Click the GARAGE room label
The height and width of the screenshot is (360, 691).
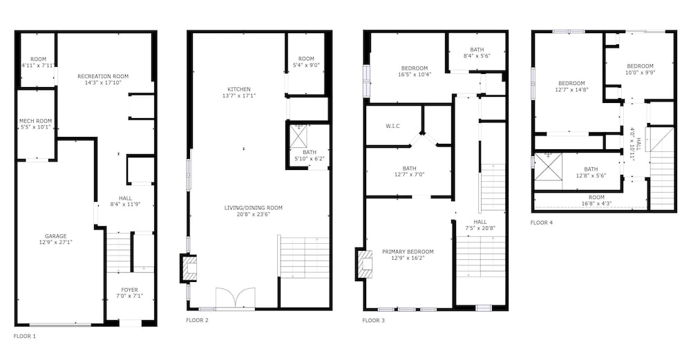coord(55,236)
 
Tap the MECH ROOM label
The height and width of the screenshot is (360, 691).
coord(36,121)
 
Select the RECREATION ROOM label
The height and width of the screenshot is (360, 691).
coord(103,76)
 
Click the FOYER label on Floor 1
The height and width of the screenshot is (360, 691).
coord(130,290)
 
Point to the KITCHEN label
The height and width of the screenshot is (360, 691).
coord(239,89)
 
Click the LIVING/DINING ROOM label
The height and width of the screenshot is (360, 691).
coord(254,208)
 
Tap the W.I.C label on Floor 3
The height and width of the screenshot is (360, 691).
coord(392,126)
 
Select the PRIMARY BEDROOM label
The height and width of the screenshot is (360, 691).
coord(408,252)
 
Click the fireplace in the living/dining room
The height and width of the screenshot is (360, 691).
coord(189,267)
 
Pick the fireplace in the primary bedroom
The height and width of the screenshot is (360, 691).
coord(363,263)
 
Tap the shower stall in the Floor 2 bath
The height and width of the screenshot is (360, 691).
coord(299,137)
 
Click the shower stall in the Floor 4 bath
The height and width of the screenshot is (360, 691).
coord(548,167)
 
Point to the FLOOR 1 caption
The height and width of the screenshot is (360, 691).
coord(25,337)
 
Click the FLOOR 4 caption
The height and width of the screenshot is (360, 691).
coord(542,222)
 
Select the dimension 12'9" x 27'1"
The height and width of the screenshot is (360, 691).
coord(55,243)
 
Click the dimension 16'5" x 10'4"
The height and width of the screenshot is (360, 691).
coord(414,75)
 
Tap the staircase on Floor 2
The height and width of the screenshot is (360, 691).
coord(304,257)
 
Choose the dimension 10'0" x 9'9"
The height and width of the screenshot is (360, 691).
coord(640,73)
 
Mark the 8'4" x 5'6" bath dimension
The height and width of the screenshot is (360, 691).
coord(477,56)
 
